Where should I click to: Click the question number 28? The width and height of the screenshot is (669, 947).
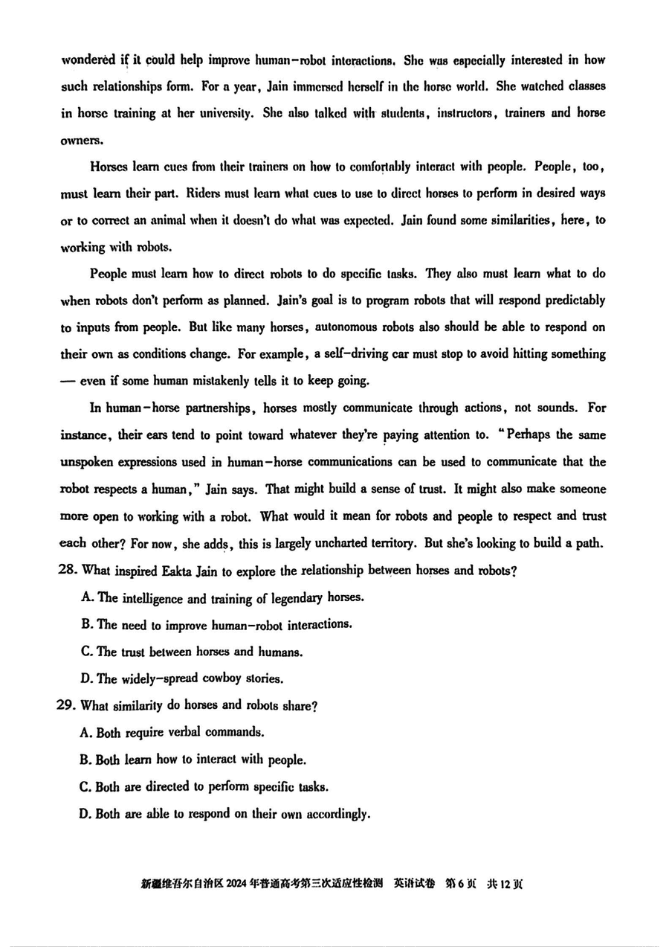click(x=68, y=571)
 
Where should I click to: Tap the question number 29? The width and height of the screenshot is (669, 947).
click(x=68, y=706)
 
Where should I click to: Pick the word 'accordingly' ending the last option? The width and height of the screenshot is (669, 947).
click(x=336, y=814)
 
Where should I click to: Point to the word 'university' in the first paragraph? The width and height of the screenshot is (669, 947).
click(x=226, y=113)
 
